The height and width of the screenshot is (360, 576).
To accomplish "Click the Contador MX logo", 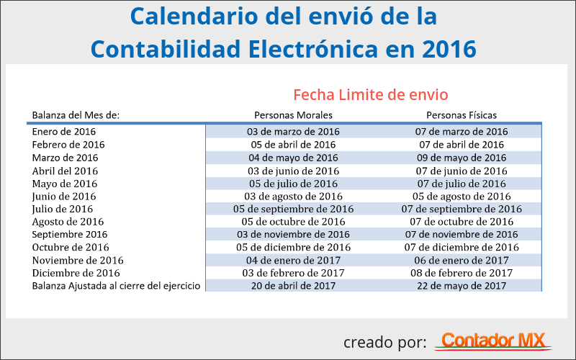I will coord(494,341).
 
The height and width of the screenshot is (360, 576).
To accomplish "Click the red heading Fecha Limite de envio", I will coord(371,94).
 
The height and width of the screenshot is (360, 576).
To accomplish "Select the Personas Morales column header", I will coord(293,115).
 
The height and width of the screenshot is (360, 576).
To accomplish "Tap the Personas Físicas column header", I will coord(462,115).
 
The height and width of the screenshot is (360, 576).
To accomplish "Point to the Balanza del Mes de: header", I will coord(76,115).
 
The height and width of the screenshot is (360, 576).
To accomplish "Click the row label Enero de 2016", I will coord(64,132).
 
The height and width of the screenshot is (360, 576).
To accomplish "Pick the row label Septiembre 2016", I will coord(70,235).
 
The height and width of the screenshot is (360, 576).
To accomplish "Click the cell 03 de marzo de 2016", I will coord(293,132).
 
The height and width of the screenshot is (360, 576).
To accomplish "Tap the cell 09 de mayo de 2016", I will coord(462,158).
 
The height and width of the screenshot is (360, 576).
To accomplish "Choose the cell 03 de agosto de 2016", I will coord(293,197).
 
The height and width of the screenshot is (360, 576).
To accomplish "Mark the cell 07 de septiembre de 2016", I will coord(462,209).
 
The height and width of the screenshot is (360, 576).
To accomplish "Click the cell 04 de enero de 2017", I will coord(293,260).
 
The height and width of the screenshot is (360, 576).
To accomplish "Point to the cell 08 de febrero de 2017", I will coord(462,273).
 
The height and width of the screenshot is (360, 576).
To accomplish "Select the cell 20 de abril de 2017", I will coord(293,286).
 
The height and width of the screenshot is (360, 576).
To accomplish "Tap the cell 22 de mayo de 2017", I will coord(462,286).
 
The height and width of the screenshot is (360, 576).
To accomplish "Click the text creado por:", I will coord(384,341).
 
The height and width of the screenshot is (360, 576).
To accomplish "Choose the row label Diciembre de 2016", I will coord(76,273).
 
